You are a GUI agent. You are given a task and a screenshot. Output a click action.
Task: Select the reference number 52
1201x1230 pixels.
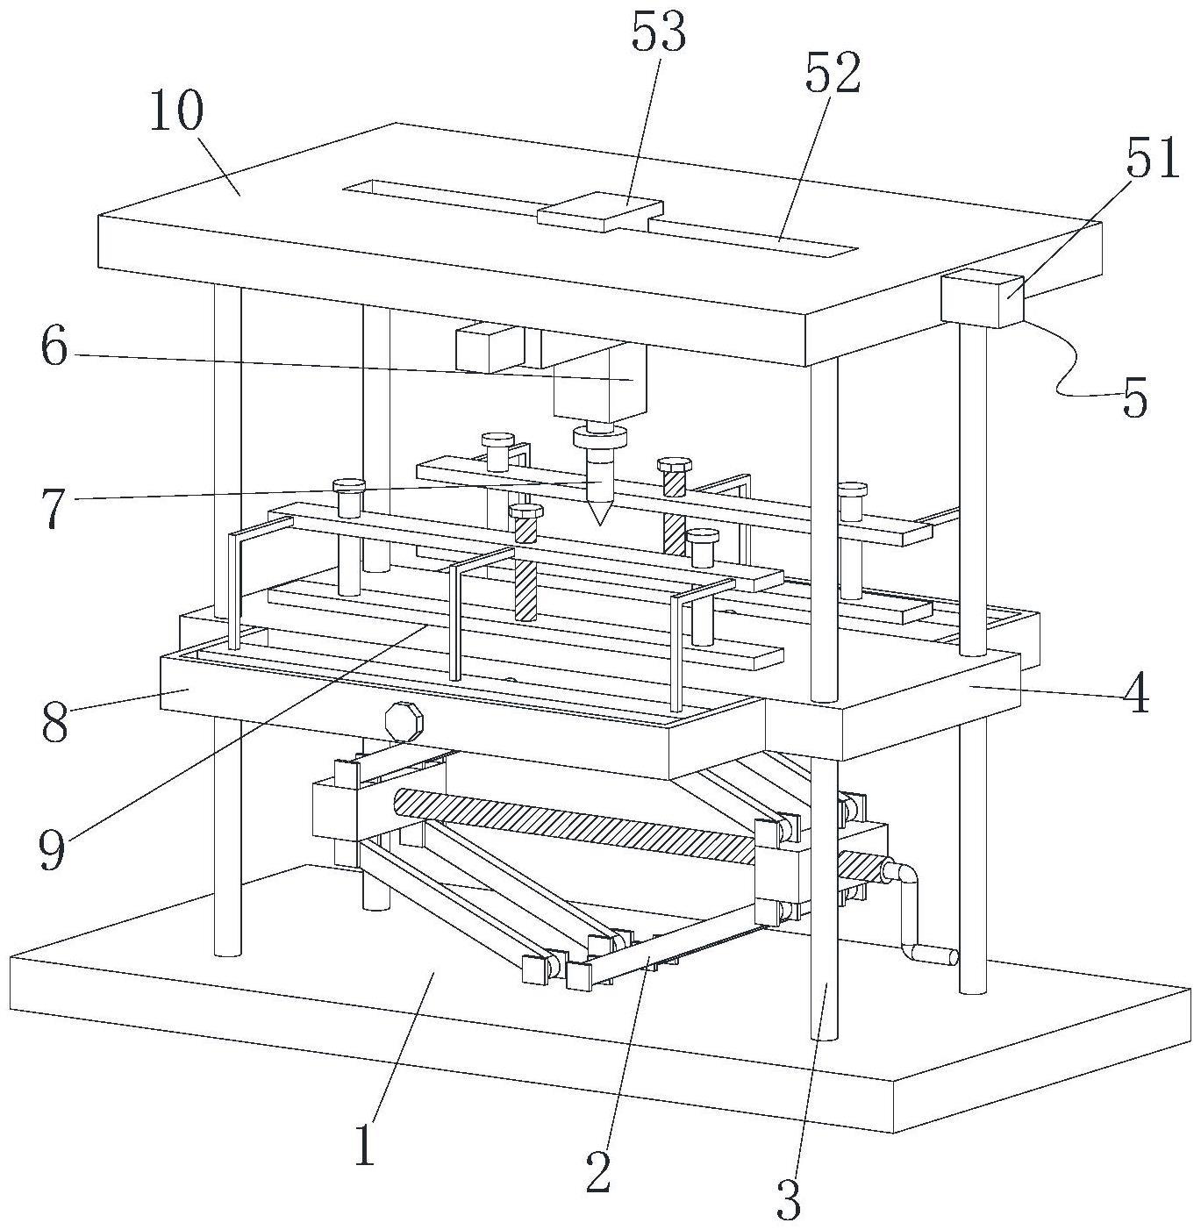tap(833, 74)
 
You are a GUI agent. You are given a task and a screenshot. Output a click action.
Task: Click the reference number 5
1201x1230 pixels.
tap(1134, 400)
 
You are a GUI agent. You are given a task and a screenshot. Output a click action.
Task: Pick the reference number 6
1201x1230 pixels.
tap(54, 348)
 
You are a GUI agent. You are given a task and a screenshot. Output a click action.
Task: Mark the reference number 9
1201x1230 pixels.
tap(52, 849)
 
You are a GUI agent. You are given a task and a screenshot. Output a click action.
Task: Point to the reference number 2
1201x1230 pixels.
tap(598, 1171)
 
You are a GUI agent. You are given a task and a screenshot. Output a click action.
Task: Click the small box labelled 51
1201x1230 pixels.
tap(981, 299)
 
